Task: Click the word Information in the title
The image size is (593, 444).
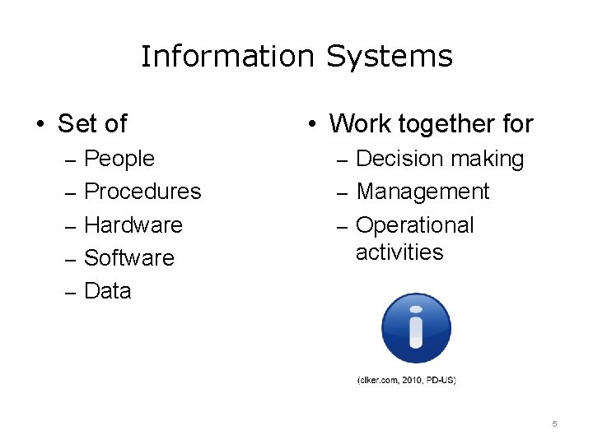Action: [x=228, y=57]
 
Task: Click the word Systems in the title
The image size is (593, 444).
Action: [x=390, y=57]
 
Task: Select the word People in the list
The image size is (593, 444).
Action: [x=119, y=158]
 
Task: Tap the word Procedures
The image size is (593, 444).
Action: [x=142, y=192]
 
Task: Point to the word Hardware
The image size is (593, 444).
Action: [x=133, y=224]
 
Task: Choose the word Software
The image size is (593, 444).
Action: [x=129, y=257]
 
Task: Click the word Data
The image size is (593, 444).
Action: [x=108, y=291]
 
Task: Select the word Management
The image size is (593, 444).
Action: [x=423, y=192]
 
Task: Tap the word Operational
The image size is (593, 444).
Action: [x=414, y=225]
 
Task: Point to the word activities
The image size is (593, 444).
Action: [x=399, y=252]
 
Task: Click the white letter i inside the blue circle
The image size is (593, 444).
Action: [x=416, y=329]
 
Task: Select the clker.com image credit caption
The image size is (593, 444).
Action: [x=406, y=380]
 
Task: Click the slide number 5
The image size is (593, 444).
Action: [x=554, y=423]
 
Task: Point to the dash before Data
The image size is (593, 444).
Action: [x=70, y=292]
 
